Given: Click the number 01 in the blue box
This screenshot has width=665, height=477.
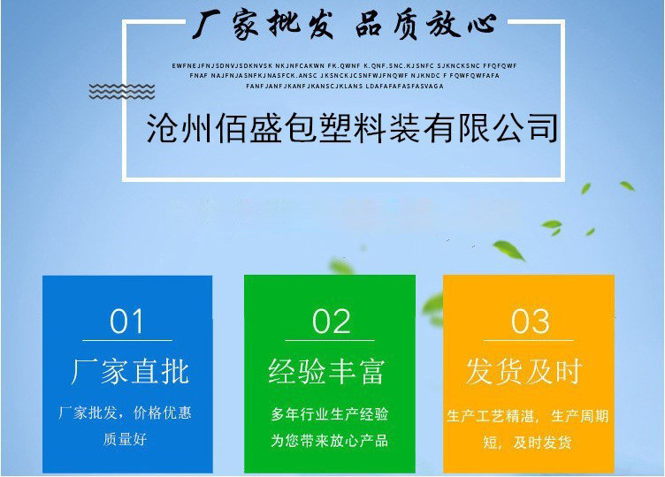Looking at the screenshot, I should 126,322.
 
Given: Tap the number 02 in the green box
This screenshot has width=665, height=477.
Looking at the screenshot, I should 332,322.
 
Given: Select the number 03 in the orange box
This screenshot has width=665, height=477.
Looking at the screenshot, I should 531,322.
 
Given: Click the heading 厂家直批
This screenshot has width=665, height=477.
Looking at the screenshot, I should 130,372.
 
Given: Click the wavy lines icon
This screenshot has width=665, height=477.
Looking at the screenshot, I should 122,91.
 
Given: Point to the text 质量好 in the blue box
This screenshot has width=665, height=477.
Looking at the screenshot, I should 126,439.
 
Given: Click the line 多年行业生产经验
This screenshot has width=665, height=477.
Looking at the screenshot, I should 329,414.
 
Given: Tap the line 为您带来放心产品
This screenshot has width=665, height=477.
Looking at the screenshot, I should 329,440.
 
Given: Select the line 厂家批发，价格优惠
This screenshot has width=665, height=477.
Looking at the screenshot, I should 126,413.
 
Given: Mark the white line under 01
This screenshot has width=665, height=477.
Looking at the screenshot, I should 127,340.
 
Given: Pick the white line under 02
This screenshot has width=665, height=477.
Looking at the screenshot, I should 331,340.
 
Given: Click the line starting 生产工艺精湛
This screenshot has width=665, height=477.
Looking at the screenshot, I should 528,415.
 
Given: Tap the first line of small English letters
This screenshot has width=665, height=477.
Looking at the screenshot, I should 344,65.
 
